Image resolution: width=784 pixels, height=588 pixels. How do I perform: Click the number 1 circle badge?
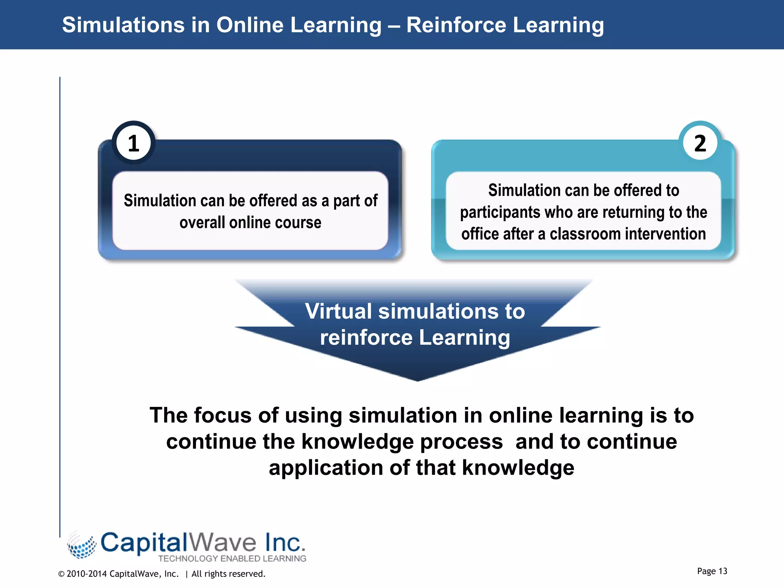(134, 143)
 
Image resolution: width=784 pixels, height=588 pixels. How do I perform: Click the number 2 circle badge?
(700, 143)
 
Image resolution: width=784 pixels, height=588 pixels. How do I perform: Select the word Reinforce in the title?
(456, 25)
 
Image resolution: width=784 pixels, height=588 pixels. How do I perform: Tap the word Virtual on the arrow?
(338, 311)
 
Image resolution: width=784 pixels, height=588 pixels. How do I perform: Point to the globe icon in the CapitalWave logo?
(82, 545)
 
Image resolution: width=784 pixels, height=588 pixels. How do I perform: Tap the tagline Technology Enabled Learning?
(232, 559)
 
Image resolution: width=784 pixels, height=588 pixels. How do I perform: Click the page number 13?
(722, 571)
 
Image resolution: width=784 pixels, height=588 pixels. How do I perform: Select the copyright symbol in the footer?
(61, 574)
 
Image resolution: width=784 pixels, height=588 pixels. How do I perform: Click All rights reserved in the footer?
(228, 574)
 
